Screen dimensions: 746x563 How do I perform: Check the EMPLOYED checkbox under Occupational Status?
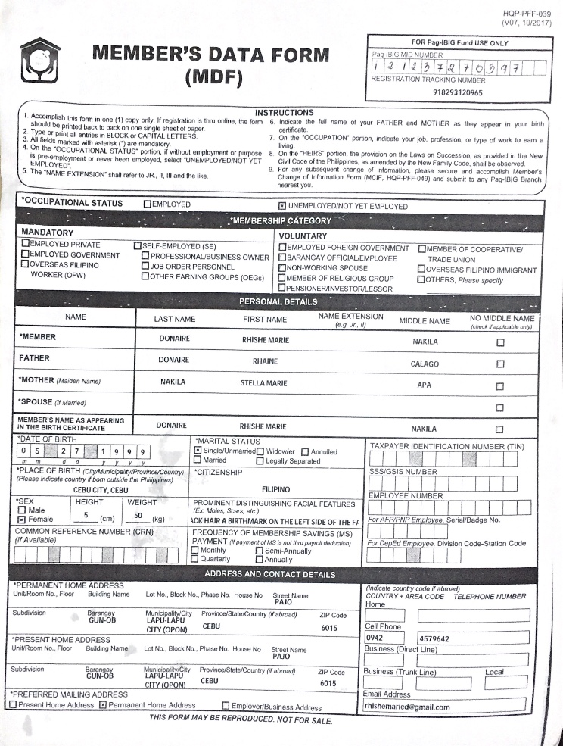click(148, 204)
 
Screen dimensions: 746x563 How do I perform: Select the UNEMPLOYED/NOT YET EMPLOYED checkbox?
click(283, 205)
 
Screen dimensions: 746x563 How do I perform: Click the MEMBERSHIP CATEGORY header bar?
click(281, 220)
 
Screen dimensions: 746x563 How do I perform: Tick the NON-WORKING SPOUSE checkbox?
click(283, 268)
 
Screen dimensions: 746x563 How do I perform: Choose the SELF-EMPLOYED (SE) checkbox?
click(138, 245)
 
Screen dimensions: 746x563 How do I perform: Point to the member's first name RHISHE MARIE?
click(265, 341)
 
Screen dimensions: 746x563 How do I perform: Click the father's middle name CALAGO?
click(425, 364)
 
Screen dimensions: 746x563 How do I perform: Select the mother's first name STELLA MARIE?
click(263, 383)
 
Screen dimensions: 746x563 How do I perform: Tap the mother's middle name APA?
click(425, 385)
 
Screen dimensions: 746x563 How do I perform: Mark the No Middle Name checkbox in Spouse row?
click(499, 407)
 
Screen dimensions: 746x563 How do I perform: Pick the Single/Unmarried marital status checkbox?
click(198, 451)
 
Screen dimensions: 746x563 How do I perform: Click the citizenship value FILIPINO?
click(276, 489)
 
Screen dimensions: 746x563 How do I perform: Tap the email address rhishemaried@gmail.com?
click(407, 707)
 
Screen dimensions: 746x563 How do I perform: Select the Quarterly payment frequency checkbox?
click(197, 560)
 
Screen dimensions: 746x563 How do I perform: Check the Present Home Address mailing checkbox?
click(13, 705)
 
